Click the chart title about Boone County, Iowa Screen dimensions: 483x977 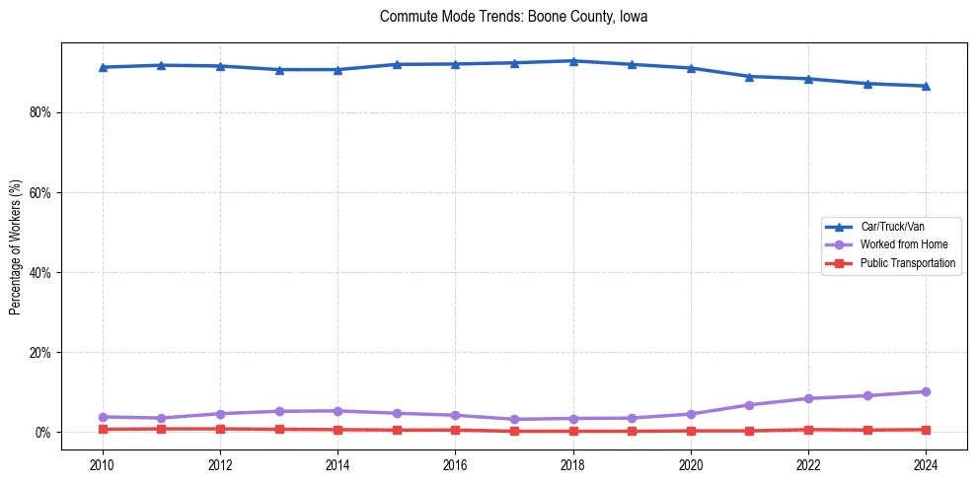coord(513,17)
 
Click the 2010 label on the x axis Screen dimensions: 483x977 coord(103,464)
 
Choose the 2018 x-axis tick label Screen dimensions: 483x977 coord(573,464)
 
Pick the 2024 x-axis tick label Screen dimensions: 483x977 coord(926,464)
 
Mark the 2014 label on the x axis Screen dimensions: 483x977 coord(338,464)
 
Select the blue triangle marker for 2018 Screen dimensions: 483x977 coord(573,61)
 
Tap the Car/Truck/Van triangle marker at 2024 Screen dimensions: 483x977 coord(926,86)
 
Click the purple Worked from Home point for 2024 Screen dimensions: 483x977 coord(926,391)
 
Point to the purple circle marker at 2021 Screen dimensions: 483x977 coord(750,405)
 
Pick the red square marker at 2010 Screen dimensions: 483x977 coord(103,429)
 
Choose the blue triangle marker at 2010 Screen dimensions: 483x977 coord(103,67)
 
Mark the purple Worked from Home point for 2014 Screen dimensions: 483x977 coord(338,410)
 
